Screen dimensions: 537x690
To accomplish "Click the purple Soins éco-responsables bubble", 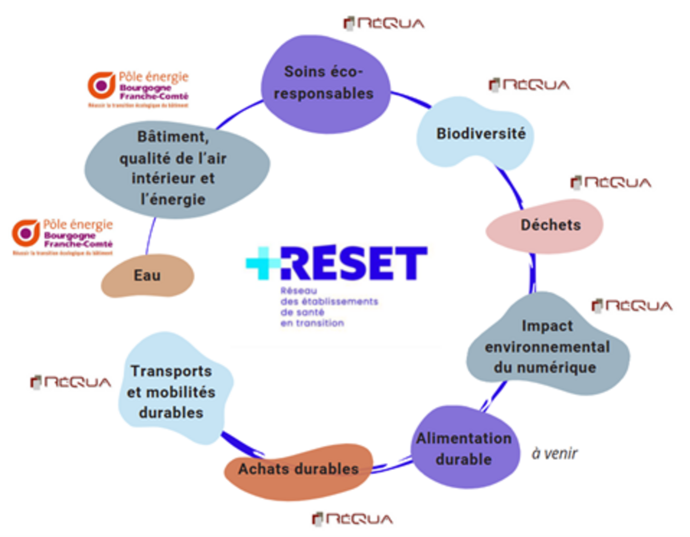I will (x=325, y=84).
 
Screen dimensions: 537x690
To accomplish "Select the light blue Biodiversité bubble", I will (x=478, y=134).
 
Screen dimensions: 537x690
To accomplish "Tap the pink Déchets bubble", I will (x=547, y=226).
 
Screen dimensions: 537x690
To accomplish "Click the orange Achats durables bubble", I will (x=298, y=470).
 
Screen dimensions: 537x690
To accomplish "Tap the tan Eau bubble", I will (x=147, y=276).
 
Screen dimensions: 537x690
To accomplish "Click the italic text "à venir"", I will (x=554, y=453).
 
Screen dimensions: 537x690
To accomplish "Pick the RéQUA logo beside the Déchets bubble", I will (x=611, y=182).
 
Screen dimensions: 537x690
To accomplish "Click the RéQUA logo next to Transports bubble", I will (x=71, y=382).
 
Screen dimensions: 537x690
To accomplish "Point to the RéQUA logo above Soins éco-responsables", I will (x=384, y=23).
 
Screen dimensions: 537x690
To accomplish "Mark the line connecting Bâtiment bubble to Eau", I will (x=150, y=236).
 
